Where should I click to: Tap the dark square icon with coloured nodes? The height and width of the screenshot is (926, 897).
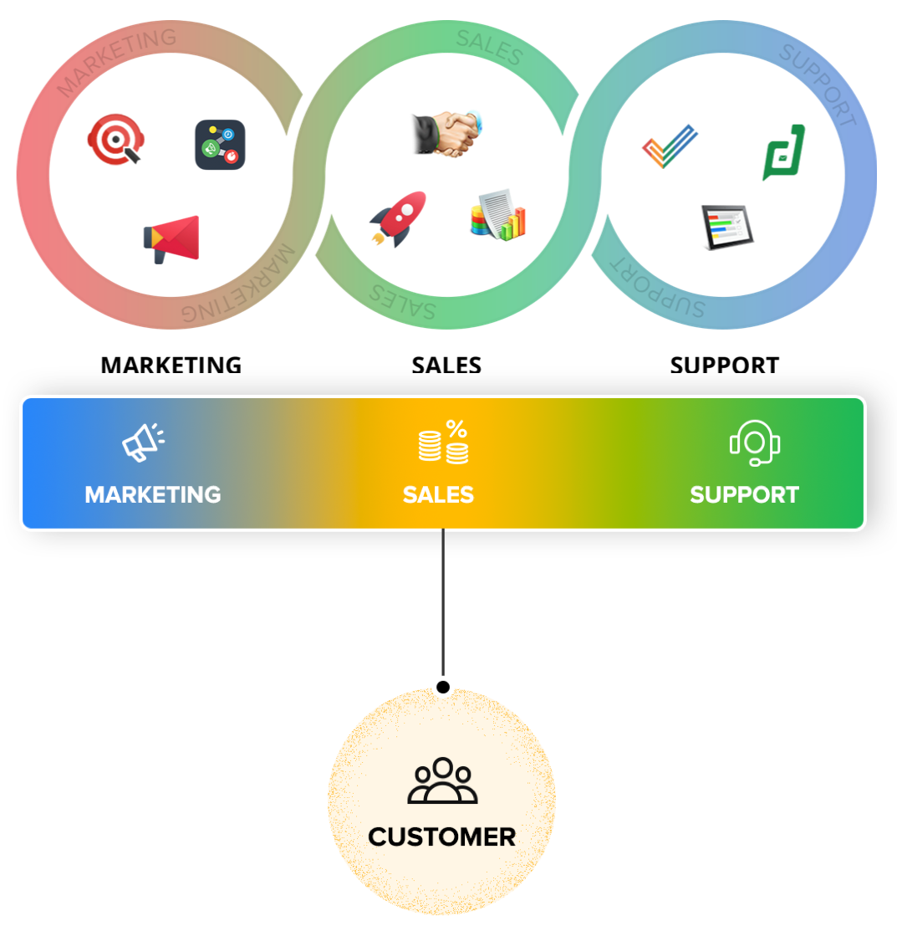(x=220, y=145)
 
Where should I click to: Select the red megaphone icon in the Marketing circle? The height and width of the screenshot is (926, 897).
(x=172, y=238)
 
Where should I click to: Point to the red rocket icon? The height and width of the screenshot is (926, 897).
(x=399, y=219)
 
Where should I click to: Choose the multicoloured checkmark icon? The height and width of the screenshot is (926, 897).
(x=669, y=146)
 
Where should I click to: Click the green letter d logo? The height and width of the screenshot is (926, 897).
(x=783, y=152)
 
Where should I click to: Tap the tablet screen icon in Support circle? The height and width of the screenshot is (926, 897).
(x=726, y=227)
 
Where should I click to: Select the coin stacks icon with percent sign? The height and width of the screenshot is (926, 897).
(x=444, y=443)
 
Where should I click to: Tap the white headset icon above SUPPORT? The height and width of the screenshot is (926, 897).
(x=754, y=443)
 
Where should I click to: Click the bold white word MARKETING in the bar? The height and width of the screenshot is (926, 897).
(x=153, y=494)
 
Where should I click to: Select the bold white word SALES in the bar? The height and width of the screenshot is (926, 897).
(x=438, y=494)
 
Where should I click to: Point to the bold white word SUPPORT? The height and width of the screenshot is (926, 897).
(x=744, y=494)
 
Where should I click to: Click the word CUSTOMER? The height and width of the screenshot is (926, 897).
(x=441, y=836)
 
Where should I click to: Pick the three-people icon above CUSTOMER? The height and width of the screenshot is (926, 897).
(x=442, y=781)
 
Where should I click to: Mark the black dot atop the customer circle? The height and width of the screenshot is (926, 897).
(x=443, y=688)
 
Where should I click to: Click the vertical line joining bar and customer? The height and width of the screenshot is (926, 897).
(x=443, y=602)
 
